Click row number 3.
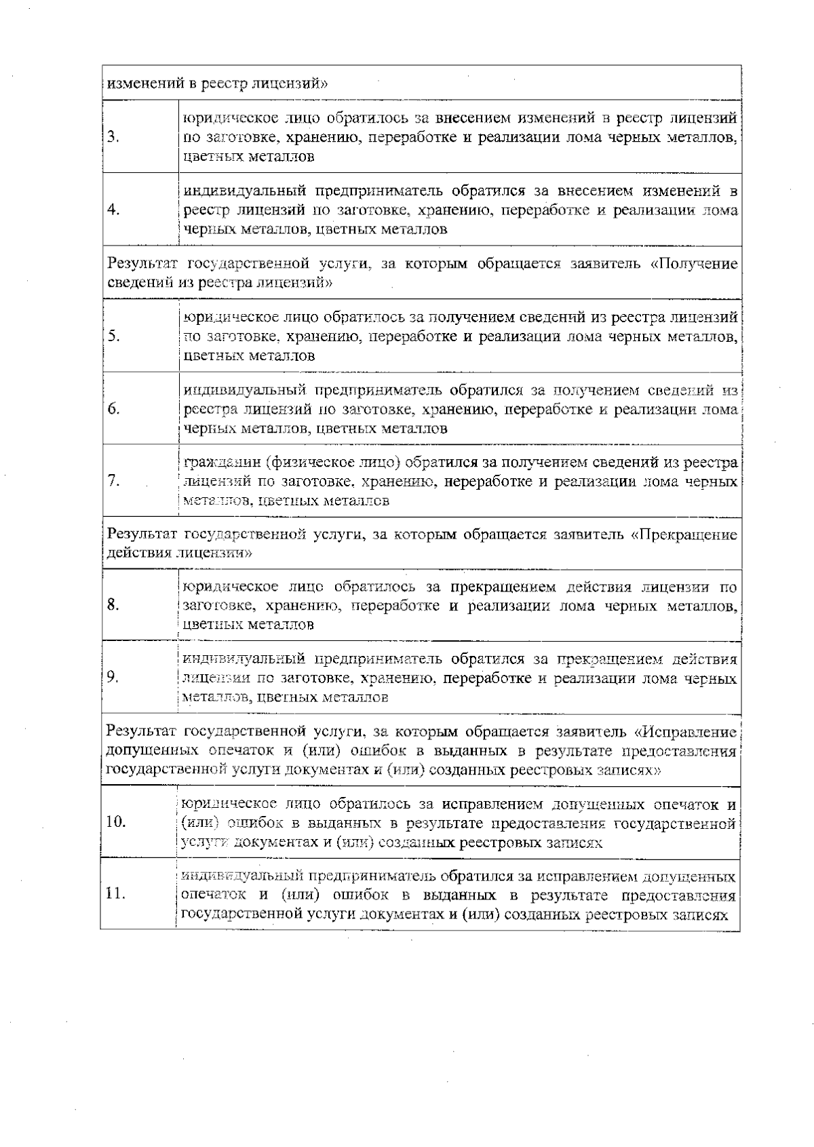tap(113, 138)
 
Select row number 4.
tap(113, 210)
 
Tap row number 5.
tap(113, 336)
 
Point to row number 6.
tap(113, 409)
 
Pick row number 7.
tap(113, 482)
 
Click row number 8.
tap(113, 605)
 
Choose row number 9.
tap(113, 678)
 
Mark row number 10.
tap(116, 823)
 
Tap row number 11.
tap(116, 895)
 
